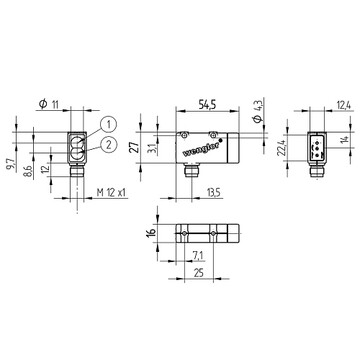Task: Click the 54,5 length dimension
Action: click(207, 104)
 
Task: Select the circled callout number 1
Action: click(109, 125)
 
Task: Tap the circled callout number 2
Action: click(108, 144)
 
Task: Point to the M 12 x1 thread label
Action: click(112, 192)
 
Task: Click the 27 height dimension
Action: click(134, 147)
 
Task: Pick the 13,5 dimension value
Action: click(214, 192)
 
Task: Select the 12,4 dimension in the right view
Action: click(343, 105)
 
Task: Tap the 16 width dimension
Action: click(151, 231)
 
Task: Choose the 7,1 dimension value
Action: click(198, 256)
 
